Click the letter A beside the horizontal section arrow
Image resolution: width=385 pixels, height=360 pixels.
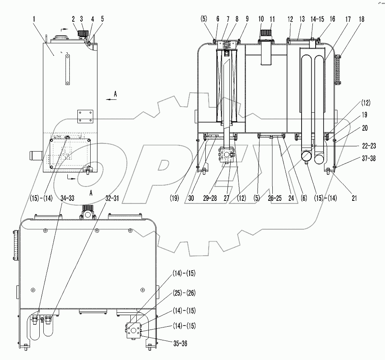[x=115, y=93]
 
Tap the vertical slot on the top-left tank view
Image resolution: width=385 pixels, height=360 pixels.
[x=67, y=70]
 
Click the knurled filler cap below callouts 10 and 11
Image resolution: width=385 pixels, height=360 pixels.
[x=265, y=33]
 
